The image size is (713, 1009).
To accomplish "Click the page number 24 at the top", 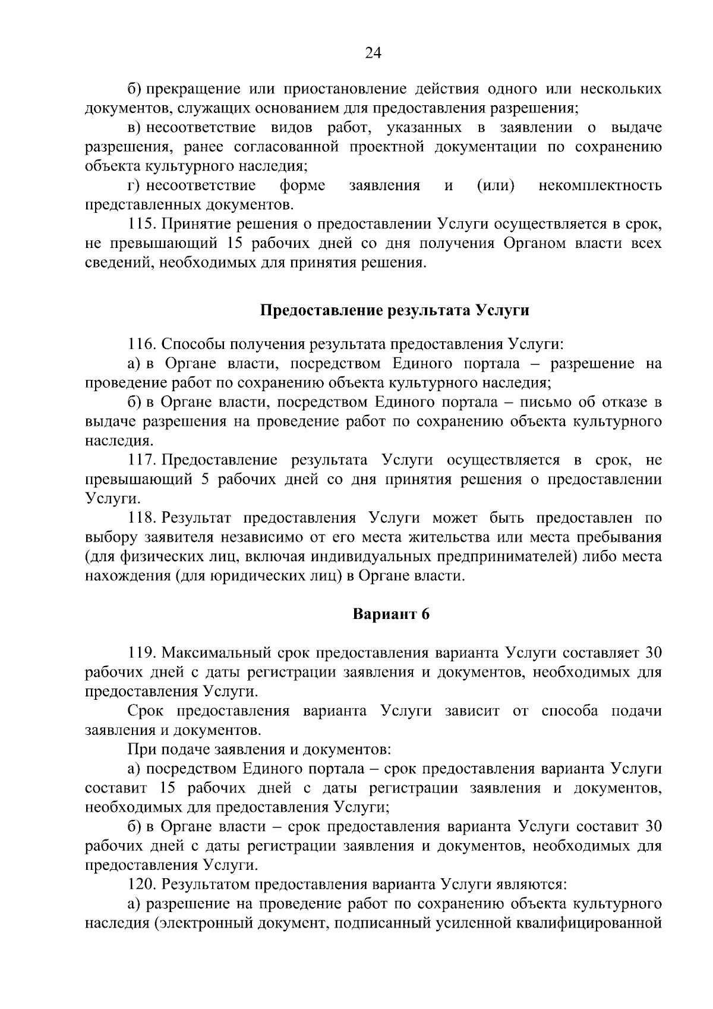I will [x=373, y=54].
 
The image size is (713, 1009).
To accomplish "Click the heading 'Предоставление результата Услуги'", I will [x=395, y=310].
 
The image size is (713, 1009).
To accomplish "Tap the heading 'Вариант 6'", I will [x=391, y=614].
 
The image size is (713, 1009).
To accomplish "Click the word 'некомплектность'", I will [x=600, y=186].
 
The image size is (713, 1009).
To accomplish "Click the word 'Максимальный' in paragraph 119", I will [x=217, y=652].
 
